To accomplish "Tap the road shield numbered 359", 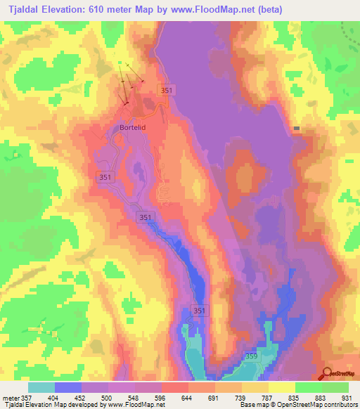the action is [251, 356].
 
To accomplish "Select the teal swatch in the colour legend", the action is [41, 388].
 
